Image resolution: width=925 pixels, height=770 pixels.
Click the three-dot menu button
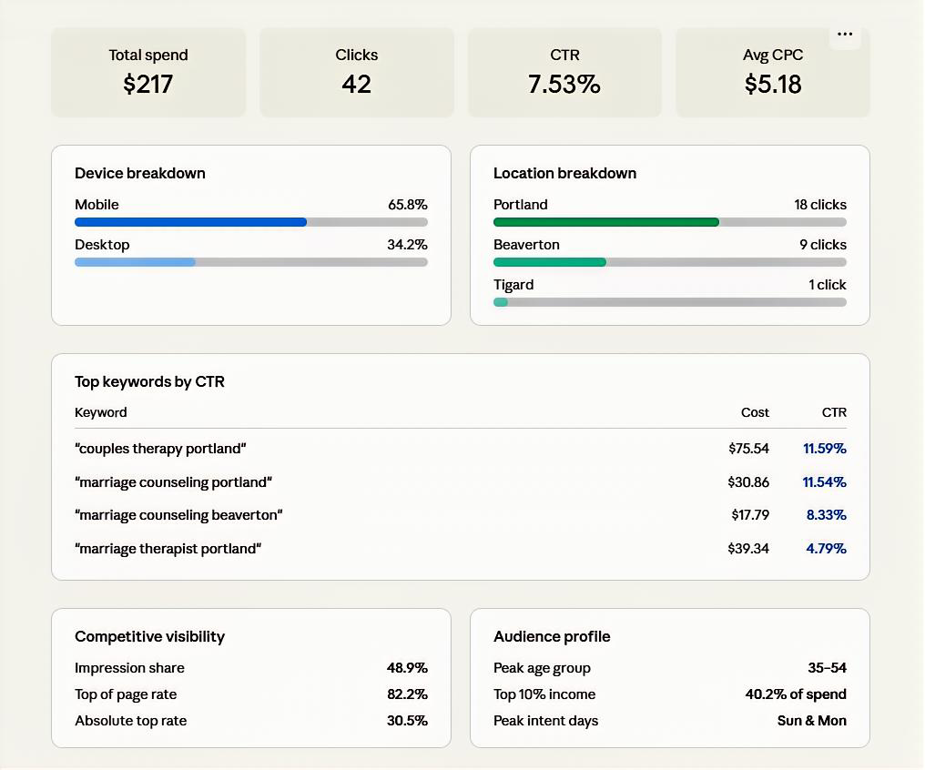pos(845,35)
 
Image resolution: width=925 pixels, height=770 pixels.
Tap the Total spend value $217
pos(148,85)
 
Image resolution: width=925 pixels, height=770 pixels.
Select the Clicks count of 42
pos(356,85)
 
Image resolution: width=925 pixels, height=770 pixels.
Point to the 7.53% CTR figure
pos(564,85)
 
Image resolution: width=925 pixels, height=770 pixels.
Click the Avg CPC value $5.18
pos(773,85)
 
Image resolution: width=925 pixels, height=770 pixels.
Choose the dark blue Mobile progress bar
pos(190,222)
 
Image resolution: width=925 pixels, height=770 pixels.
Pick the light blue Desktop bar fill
pos(135,262)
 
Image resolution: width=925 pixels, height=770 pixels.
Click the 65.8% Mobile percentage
pos(407,205)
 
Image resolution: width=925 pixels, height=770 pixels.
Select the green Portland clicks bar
pos(605,222)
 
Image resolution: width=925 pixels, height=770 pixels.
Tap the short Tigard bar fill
pos(501,302)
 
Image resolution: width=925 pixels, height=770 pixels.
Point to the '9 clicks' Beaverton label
pos(822,245)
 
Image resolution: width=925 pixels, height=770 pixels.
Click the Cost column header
pos(755,412)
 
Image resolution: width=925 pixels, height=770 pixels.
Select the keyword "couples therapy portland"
pos(160,449)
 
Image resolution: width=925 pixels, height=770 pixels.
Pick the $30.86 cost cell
pos(748,482)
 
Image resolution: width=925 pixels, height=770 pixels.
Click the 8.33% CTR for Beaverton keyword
pos(826,515)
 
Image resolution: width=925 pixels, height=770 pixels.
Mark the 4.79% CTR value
pos(826,549)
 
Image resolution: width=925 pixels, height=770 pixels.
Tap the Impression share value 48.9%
pos(407,668)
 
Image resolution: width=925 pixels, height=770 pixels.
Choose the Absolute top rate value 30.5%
pos(407,721)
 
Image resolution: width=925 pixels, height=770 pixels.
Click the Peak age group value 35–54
pos(827,668)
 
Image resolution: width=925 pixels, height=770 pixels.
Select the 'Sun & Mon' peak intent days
pos(811,721)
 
